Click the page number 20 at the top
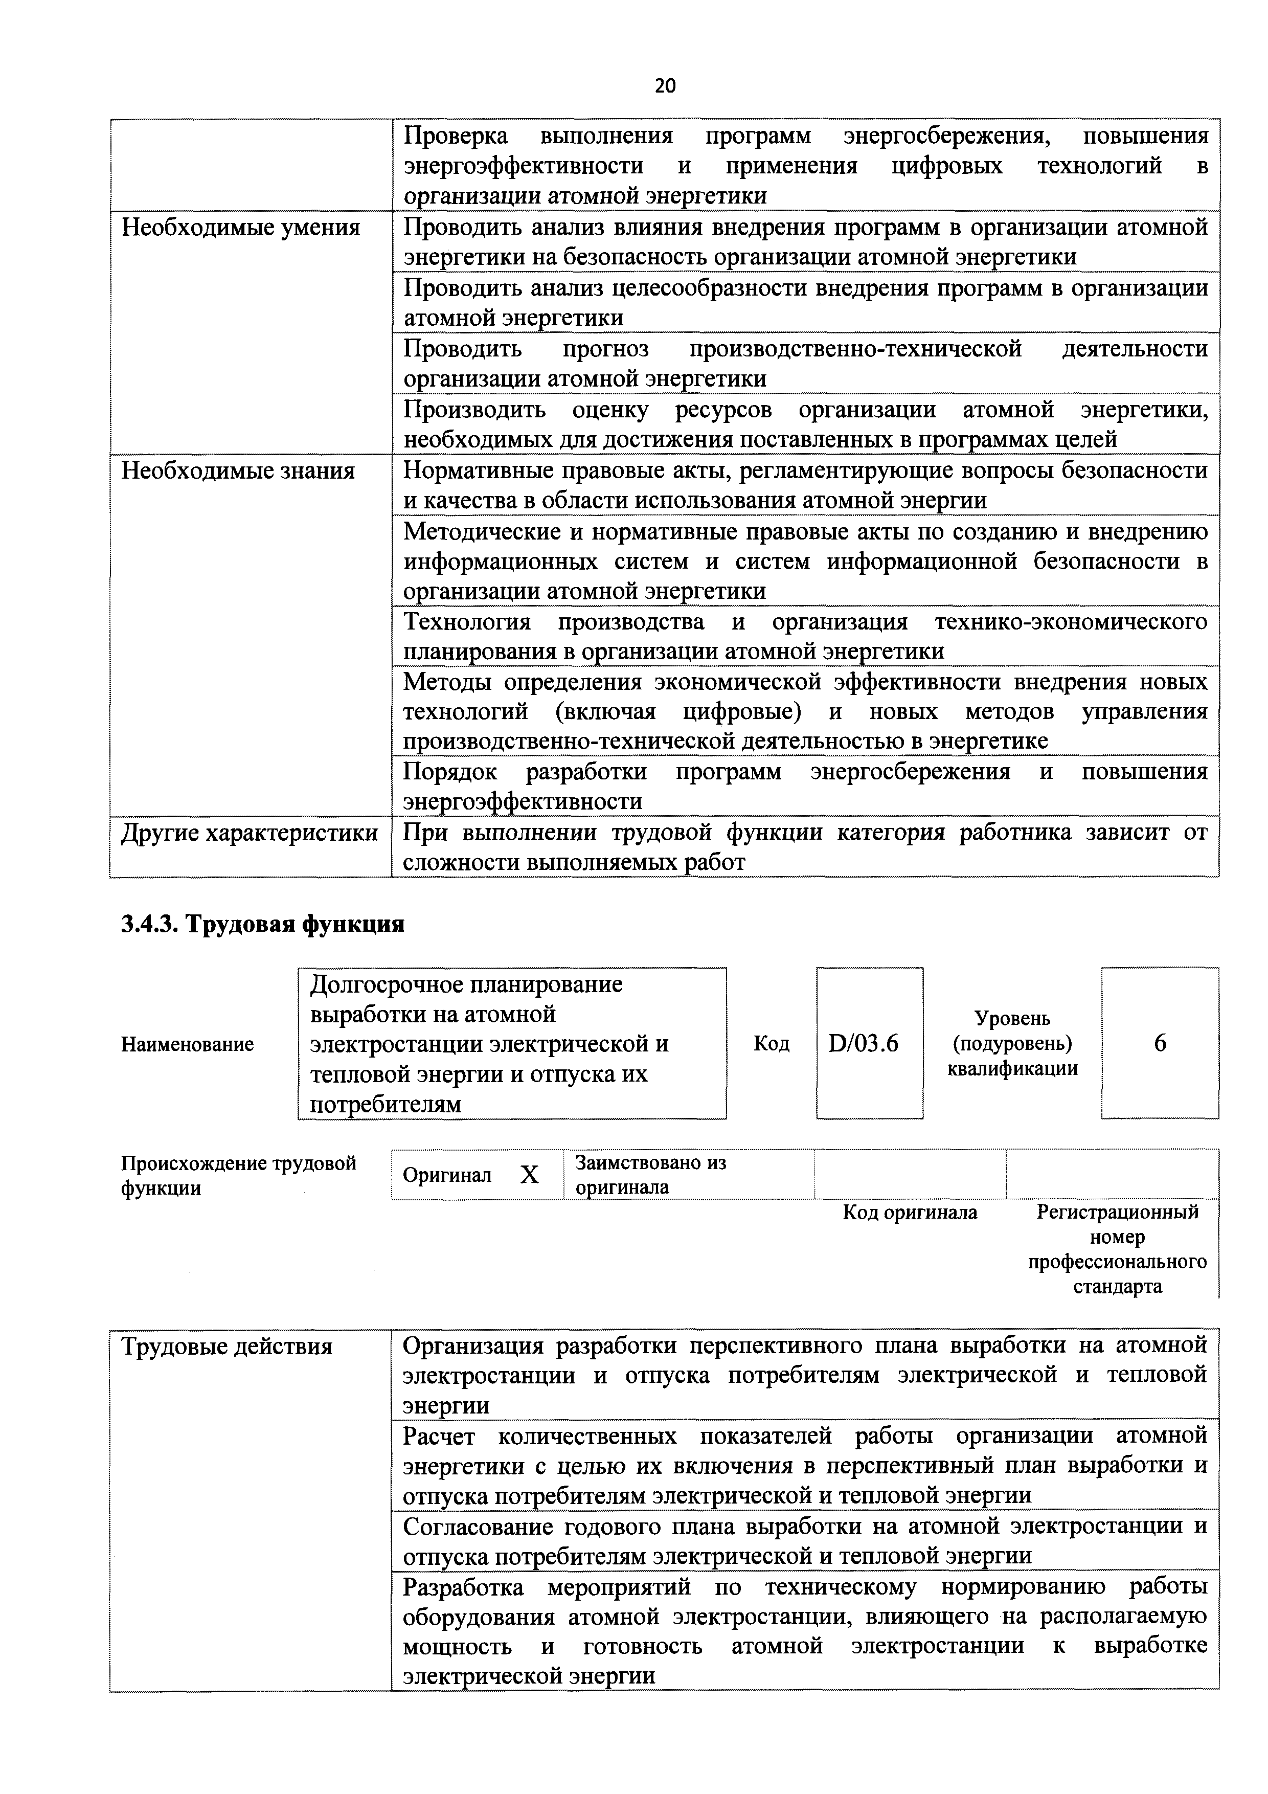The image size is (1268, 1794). click(665, 86)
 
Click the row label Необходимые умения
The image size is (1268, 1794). click(241, 228)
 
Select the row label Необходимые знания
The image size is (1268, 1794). click(238, 471)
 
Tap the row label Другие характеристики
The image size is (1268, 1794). click(249, 833)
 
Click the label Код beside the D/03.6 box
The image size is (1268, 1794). click(771, 1044)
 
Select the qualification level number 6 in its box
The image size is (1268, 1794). click(1160, 1043)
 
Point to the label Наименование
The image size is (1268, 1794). click(188, 1045)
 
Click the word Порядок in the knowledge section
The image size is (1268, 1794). click(450, 772)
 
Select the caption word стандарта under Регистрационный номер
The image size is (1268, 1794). click(1117, 1286)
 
